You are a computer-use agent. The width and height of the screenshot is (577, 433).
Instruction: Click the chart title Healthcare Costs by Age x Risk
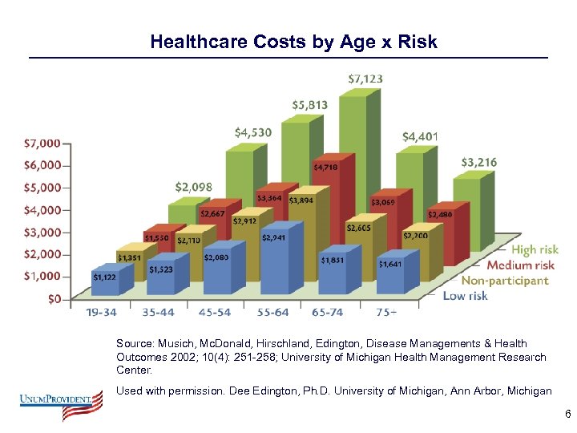[293, 42]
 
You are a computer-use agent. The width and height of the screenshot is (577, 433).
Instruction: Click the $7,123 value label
[365, 79]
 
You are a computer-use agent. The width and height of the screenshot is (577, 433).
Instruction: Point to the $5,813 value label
[309, 105]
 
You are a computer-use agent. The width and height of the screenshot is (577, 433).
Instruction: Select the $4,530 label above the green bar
[252, 132]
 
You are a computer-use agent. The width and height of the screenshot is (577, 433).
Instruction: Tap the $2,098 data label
[193, 187]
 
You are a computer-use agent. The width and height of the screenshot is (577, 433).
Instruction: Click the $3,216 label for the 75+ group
[478, 162]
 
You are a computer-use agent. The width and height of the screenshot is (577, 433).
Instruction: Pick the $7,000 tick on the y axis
[42, 144]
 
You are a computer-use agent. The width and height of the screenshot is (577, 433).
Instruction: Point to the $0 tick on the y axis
[52, 299]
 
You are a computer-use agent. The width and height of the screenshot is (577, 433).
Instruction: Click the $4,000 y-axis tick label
[42, 210]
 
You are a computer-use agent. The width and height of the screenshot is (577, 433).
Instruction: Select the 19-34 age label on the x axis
[103, 313]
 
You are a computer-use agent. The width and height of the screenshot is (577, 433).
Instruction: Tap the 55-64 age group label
[275, 313]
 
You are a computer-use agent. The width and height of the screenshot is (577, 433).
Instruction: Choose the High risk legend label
[535, 250]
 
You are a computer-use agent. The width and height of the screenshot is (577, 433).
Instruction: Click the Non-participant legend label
[505, 281]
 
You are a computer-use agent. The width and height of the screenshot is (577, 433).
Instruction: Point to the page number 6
[567, 415]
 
